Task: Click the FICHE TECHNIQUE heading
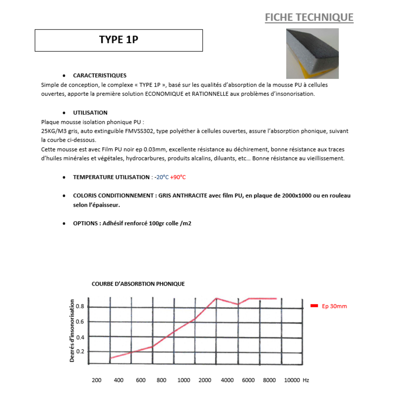[309, 17]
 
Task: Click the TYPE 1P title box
[119, 40]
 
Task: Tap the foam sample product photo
[312, 54]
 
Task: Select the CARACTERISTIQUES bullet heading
[99, 75]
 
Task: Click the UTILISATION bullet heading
[90, 113]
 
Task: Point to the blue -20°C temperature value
[162, 177]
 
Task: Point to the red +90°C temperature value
[178, 177]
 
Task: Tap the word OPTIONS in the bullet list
[86, 223]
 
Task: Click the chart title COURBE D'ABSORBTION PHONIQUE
[138, 284]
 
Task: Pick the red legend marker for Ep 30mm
[314, 306]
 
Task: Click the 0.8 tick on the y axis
[80, 307]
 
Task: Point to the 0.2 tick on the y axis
[80, 351]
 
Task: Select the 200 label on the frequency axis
[96, 380]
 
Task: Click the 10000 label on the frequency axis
[292, 380]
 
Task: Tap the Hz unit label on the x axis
[306, 380]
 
